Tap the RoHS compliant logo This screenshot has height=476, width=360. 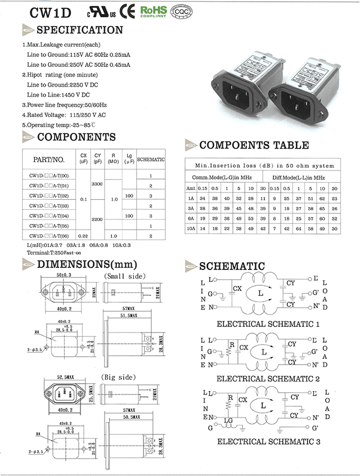tap(153, 11)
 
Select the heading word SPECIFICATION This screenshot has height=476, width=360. tap(79, 30)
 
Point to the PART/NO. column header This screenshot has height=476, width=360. tap(49, 159)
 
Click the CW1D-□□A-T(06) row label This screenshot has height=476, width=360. tap(48, 236)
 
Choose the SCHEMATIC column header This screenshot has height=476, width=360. tap(151, 159)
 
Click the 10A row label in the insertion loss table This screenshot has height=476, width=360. tap(191, 228)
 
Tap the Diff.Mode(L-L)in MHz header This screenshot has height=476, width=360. tap(298, 177)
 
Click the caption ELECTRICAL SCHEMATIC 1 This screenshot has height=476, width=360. tap(268, 324)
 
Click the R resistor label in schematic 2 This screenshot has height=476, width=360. tap(231, 343)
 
